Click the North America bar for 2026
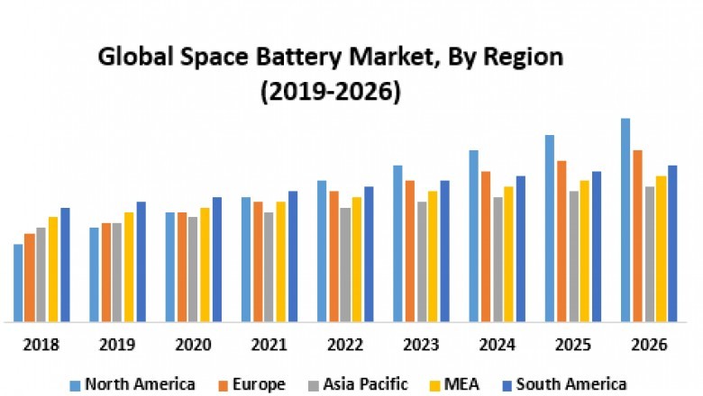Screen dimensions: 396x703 625,220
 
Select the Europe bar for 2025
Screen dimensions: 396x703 561,240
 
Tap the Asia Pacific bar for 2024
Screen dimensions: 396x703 498,258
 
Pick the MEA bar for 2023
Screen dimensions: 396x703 433,256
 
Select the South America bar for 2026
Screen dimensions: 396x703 672,243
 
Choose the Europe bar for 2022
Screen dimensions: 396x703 333,256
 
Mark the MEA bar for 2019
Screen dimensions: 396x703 129,266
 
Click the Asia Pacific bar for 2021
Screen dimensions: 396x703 269,266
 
